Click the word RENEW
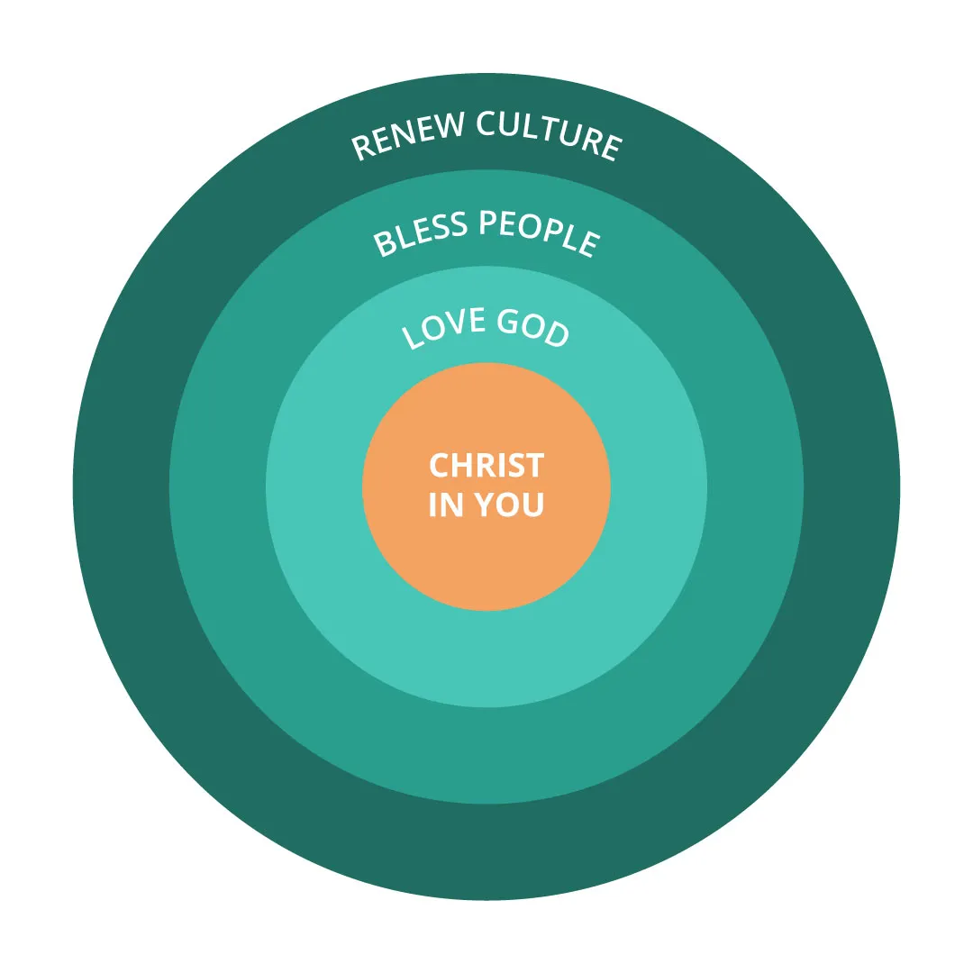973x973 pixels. pos(405,132)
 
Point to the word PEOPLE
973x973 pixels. pos(539,231)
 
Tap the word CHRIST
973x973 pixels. pos(486,466)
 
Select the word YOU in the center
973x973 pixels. pos(510,505)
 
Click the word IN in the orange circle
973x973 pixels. pos(445,505)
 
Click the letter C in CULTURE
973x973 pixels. pos(487,123)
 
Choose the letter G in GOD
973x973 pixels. pos(509,320)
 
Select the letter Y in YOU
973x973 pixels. pos(484,505)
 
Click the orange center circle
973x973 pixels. pos(486,559)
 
